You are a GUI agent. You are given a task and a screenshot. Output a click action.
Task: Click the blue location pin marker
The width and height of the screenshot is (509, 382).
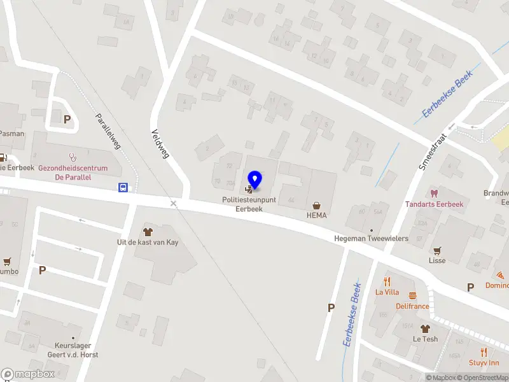pyautogui.click(x=254, y=180)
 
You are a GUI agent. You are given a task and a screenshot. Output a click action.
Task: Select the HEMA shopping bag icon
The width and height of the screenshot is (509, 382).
pyautogui.click(x=316, y=205)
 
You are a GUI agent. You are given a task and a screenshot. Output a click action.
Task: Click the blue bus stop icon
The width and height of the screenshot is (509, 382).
pyautogui.click(x=123, y=187)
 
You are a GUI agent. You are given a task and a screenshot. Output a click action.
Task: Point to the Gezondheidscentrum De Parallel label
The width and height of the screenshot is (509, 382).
pyautogui.click(x=73, y=173)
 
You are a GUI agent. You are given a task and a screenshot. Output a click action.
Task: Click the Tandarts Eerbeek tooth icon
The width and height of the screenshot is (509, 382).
pyautogui.click(x=435, y=193)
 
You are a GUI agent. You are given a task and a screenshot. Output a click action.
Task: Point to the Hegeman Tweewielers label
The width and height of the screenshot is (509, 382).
pyautogui.click(x=371, y=239)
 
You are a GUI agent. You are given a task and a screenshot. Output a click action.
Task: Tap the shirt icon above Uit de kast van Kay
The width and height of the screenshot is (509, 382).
pyautogui.click(x=149, y=232)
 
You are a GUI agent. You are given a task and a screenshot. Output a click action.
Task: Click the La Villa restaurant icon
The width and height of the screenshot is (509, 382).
pyautogui.click(x=387, y=281)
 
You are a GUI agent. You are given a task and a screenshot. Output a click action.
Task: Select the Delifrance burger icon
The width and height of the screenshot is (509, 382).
pyautogui.click(x=412, y=295)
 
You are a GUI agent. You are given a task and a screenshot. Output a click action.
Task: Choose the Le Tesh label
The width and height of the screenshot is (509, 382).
pyautogui.click(x=425, y=339)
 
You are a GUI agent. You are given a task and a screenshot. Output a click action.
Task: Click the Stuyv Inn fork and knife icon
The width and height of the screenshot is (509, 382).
pyautogui.click(x=484, y=351)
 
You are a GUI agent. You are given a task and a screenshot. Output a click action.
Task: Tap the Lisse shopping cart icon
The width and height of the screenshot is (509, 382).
pyautogui.click(x=437, y=250)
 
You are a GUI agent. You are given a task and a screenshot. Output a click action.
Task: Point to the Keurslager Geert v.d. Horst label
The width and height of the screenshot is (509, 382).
pyautogui.click(x=72, y=350)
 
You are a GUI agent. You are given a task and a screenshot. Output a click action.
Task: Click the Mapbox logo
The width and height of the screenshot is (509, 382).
pyautogui.click(x=28, y=374)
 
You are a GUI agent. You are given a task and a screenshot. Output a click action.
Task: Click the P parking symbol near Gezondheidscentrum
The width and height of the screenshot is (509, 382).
pyautogui.click(x=67, y=118)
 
